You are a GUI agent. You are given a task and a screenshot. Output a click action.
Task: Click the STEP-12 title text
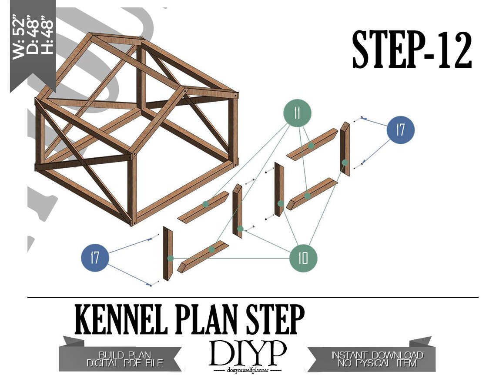(412, 50)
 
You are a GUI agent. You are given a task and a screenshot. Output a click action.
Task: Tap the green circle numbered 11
(297, 113)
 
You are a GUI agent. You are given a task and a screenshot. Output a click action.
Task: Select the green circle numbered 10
(303, 258)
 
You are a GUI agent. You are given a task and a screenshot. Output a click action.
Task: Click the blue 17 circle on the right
(400, 130)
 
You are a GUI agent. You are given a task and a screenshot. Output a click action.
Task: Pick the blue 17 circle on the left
(95, 258)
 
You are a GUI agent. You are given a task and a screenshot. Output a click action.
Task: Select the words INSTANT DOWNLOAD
(377, 355)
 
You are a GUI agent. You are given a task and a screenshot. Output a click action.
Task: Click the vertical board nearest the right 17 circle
(345, 149)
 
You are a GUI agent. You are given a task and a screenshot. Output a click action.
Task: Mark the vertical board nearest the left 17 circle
(168, 254)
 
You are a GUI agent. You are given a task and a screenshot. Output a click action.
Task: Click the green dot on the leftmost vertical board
(171, 258)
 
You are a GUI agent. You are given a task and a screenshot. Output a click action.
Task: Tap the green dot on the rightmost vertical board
(345, 163)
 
